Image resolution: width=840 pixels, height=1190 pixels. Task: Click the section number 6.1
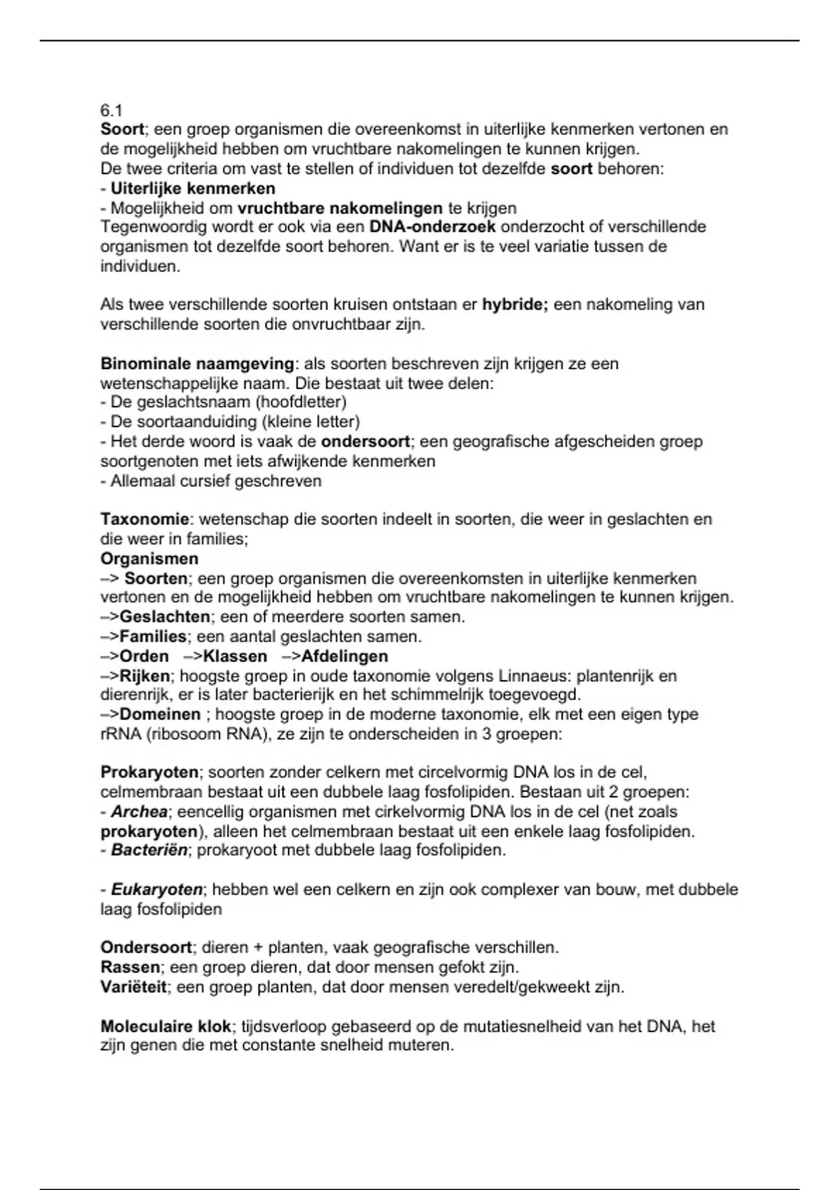click(111, 110)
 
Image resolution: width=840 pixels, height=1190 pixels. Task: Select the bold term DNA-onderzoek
click(432, 227)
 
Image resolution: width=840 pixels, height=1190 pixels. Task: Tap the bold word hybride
click(514, 304)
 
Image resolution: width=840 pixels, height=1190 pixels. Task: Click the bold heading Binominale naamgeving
click(197, 363)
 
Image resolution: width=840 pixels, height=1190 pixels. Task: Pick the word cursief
click(199, 481)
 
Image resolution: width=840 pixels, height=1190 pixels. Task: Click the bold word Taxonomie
click(145, 519)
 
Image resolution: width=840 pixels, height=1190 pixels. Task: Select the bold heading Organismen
click(149, 559)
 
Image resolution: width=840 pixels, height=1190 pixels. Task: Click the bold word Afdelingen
click(344, 656)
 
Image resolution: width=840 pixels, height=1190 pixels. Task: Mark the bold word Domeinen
click(160, 714)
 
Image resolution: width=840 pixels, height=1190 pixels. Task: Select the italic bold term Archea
click(139, 812)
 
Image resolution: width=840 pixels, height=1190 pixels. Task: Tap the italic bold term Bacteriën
click(149, 850)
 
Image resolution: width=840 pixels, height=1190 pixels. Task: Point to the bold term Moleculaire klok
click(166, 1026)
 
